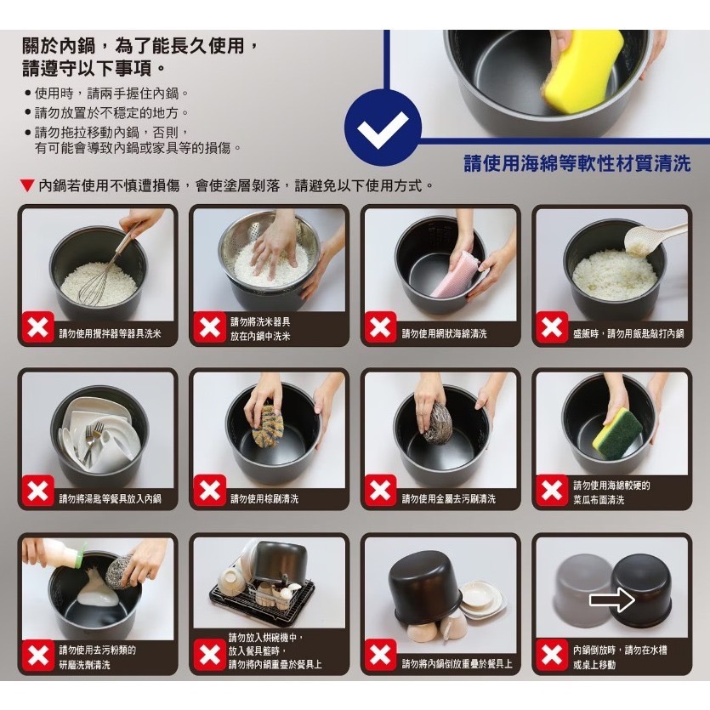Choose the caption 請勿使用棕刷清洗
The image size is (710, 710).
tap(264, 499)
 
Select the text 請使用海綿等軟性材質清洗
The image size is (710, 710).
tap(577, 163)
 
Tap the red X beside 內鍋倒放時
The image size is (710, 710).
tap(551, 656)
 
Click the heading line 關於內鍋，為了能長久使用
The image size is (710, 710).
tap(140, 44)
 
